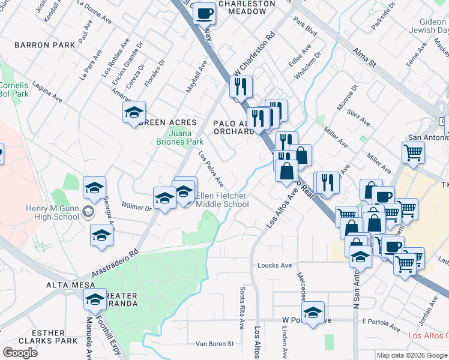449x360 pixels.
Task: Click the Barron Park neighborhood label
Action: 45,45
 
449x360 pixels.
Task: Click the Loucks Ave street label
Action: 274,265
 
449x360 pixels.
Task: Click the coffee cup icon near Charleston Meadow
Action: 204,13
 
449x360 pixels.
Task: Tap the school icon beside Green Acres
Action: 134,112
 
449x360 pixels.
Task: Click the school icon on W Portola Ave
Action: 313,313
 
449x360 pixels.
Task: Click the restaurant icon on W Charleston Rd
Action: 241,87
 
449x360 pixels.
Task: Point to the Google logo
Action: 20,353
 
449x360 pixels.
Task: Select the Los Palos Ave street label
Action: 211,168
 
